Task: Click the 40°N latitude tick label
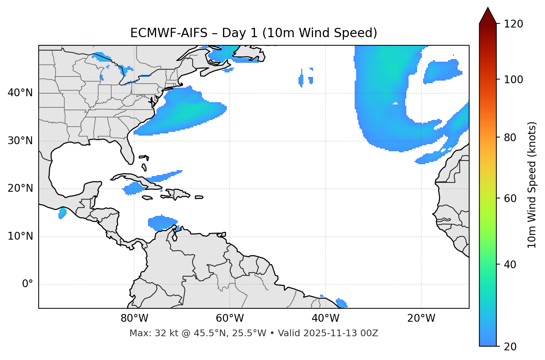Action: click(20, 93)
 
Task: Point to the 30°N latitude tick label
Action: click(20, 141)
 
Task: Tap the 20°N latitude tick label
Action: click(20, 188)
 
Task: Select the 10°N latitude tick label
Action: click(20, 236)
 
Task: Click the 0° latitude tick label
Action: click(28, 284)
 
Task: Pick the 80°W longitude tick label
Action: click(134, 318)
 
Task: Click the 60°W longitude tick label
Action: click(230, 318)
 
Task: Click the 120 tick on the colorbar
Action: click(513, 24)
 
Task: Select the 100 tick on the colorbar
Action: click(513, 80)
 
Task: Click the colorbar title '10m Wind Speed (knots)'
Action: click(532, 185)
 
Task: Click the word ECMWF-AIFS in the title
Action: click(169, 33)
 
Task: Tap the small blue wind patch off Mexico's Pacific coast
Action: click(62, 213)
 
